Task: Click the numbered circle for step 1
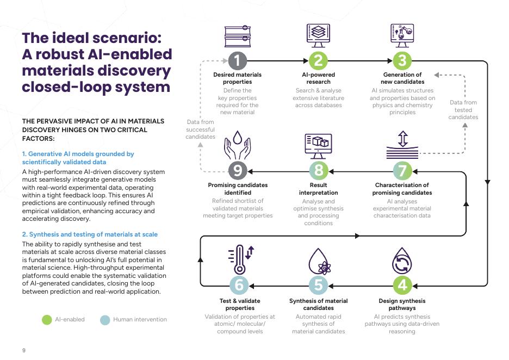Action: point(238,61)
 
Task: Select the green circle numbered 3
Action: point(402,61)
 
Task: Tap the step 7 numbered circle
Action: point(402,171)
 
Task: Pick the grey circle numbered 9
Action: point(238,171)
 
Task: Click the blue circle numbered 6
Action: point(239,285)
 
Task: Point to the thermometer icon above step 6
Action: point(241,259)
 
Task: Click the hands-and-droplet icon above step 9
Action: point(238,145)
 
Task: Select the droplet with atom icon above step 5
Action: point(319,262)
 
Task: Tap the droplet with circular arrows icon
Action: point(402,261)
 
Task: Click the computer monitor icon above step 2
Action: point(318,35)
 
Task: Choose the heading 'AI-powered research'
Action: point(319,78)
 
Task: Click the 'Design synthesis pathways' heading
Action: point(402,305)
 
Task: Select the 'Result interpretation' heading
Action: point(319,189)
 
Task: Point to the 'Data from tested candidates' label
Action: point(463,110)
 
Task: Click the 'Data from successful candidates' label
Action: point(200,129)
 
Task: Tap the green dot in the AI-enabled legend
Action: point(47,320)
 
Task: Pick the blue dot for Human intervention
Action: point(105,320)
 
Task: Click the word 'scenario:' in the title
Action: point(127,38)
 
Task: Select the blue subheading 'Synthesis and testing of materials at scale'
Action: point(90,234)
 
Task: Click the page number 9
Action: point(24,350)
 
